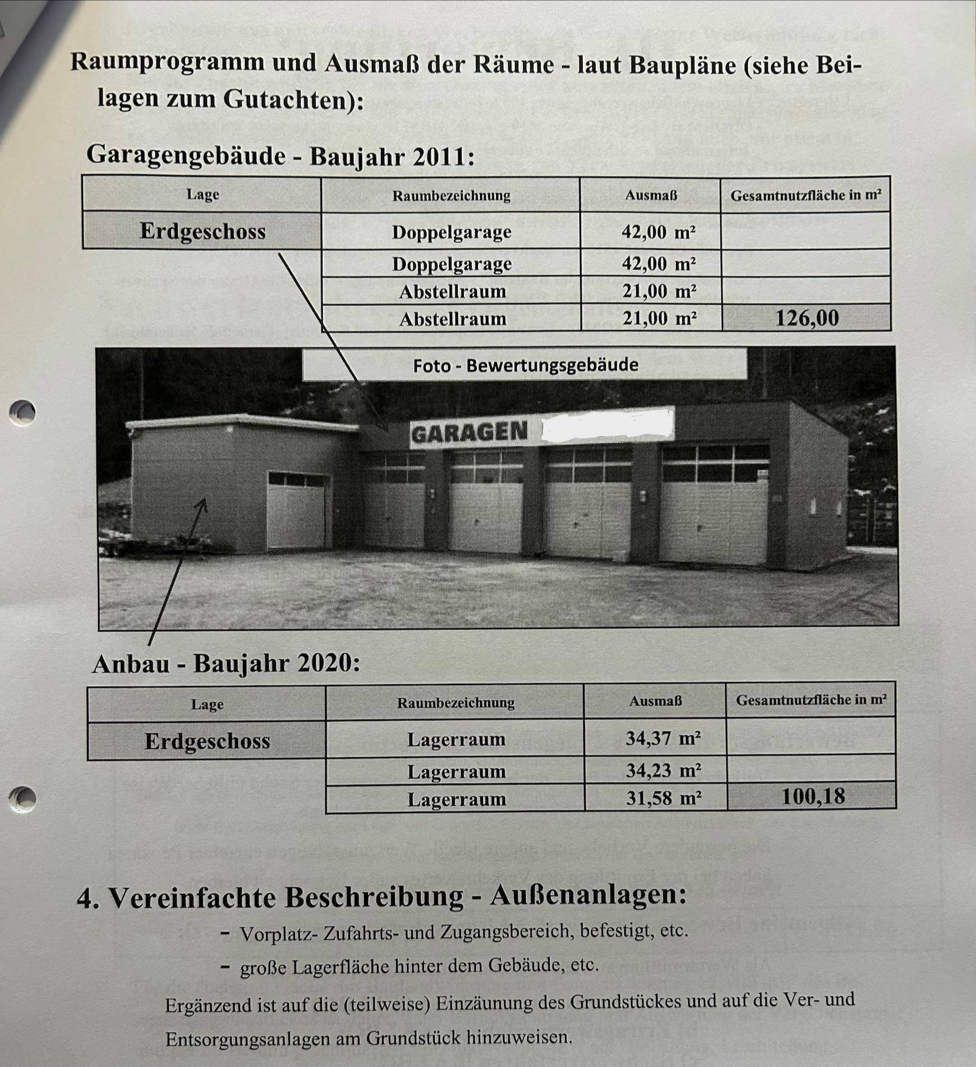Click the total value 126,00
tap(807, 318)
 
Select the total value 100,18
tap(813, 797)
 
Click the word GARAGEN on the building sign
tap(469, 433)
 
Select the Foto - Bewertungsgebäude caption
tap(526, 365)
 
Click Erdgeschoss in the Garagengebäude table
tap(202, 231)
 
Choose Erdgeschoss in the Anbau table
tap(207, 741)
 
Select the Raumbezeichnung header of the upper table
tap(451, 195)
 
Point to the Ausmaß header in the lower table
tap(655, 701)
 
